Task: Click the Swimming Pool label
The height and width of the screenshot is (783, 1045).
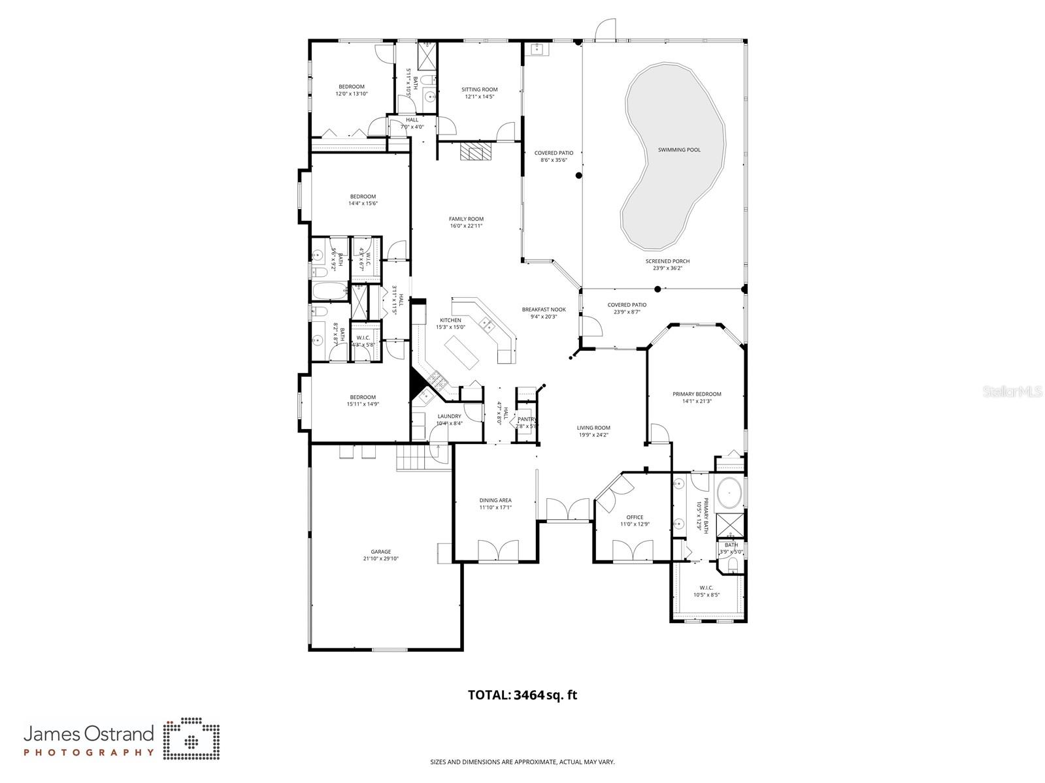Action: [x=679, y=150]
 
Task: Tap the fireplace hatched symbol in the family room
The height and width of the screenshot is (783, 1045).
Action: [x=474, y=152]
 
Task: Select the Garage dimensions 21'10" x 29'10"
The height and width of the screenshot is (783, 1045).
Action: [x=380, y=559]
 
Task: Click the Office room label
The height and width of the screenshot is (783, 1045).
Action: [x=635, y=517]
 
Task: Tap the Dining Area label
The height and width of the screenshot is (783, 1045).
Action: [x=495, y=500]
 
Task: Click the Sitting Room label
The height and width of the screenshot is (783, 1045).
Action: [x=479, y=89]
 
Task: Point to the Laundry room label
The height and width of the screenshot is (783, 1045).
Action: [x=449, y=416]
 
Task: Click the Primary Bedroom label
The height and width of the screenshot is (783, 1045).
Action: [x=697, y=394]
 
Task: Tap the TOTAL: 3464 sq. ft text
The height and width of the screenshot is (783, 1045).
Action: [x=522, y=695]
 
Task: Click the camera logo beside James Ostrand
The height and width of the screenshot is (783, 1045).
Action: [x=191, y=741]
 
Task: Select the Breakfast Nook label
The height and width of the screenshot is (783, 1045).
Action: [x=543, y=310]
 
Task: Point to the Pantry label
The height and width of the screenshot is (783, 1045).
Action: [x=527, y=419]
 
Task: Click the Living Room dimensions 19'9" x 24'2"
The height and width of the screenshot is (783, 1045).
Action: [x=593, y=435]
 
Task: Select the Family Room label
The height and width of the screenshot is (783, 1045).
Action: [x=466, y=219]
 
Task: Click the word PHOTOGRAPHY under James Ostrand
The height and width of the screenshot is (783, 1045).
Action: [x=89, y=752]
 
